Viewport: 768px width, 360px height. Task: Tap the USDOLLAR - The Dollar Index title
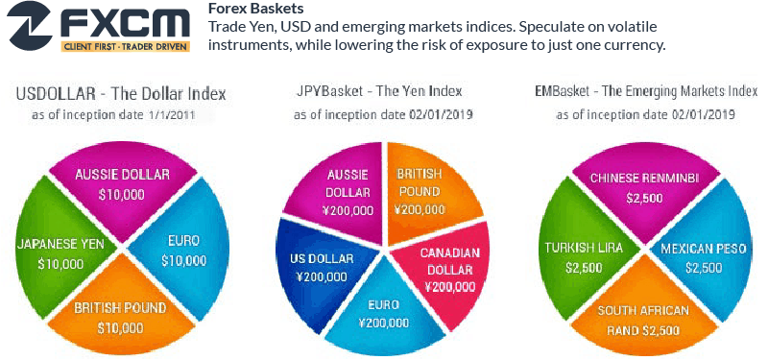121,94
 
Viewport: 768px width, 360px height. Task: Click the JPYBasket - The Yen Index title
379,91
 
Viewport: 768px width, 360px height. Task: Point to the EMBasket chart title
644,91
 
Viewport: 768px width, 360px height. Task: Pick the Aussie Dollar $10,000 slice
122,183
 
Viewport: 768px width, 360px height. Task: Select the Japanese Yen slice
60,253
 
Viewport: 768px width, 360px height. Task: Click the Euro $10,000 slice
183,251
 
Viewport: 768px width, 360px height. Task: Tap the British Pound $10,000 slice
121,317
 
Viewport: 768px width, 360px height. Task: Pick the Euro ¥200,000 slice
384,315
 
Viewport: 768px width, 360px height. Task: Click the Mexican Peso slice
705,257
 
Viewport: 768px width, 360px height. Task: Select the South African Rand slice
643,319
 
